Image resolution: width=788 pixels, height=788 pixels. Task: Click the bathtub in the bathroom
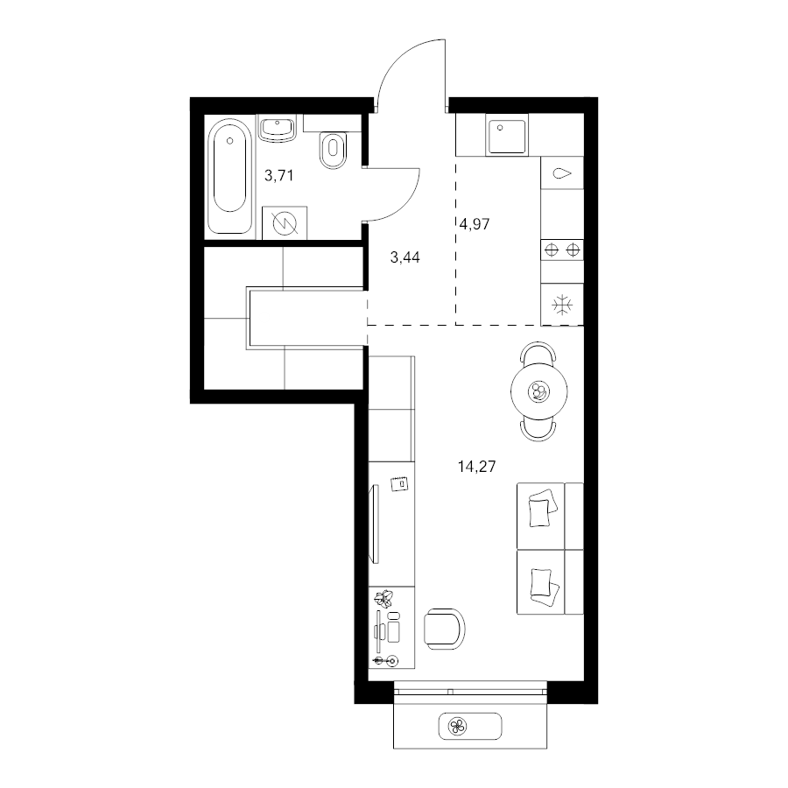[x=229, y=176]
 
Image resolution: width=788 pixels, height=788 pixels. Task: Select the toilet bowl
[x=332, y=149]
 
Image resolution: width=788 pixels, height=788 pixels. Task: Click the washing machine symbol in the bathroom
[x=285, y=222]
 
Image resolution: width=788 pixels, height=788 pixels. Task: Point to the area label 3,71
[x=279, y=176]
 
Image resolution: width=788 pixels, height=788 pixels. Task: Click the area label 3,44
[x=405, y=257]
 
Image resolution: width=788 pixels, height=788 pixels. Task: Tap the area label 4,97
[x=475, y=224]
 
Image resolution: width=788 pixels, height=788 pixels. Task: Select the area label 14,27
[x=476, y=467]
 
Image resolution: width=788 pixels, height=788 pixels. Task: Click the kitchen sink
[x=506, y=135]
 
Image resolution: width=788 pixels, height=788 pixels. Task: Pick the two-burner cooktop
[x=562, y=250]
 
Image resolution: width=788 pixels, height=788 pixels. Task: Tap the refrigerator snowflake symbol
[x=562, y=305]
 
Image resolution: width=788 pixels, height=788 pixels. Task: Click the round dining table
[x=538, y=391]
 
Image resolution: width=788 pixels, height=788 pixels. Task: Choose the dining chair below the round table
[x=538, y=430]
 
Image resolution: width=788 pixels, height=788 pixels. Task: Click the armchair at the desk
[x=444, y=629]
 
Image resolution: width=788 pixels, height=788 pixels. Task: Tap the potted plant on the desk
[x=385, y=598]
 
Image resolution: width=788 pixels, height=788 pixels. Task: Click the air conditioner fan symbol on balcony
[x=458, y=726]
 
